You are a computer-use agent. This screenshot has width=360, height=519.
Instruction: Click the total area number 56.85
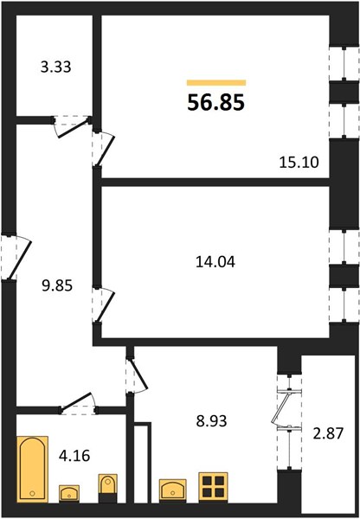[x=216, y=102]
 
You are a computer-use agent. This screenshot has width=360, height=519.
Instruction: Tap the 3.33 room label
[x=55, y=67]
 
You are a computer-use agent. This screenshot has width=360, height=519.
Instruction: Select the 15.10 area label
[x=299, y=163]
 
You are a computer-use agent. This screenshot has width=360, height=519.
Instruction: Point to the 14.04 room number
[x=215, y=262]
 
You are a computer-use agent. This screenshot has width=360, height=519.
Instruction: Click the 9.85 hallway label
[x=57, y=285]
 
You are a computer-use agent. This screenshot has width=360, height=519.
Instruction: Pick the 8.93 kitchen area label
[x=212, y=421]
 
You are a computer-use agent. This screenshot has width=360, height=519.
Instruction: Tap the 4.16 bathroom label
[x=74, y=456]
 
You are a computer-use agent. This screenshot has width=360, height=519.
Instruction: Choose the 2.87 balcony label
[x=329, y=433]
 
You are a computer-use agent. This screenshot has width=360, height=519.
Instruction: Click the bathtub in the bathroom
[x=33, y=470]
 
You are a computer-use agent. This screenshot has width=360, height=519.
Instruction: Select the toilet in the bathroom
[x=107, y=489]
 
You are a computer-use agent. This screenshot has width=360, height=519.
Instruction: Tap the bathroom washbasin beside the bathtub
[x=69, y=494]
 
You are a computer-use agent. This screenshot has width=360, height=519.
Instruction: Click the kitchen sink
[x=172, y=490]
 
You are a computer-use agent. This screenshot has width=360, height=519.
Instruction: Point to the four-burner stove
[x=213, y=487]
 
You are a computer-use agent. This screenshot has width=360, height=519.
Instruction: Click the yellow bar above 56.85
[x=216, y=83]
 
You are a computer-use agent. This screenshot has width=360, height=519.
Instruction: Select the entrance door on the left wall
[x=16, y=258]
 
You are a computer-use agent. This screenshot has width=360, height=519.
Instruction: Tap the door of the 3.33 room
[x=73, y=127]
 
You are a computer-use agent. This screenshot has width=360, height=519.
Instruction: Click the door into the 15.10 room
[x=103, y=149]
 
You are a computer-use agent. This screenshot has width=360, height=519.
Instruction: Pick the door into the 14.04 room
[x=103, y=305]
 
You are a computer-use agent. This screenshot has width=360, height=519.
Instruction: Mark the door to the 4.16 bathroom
[x=78, y=403]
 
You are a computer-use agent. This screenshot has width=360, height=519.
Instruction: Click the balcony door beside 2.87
[x=286, y=410]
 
